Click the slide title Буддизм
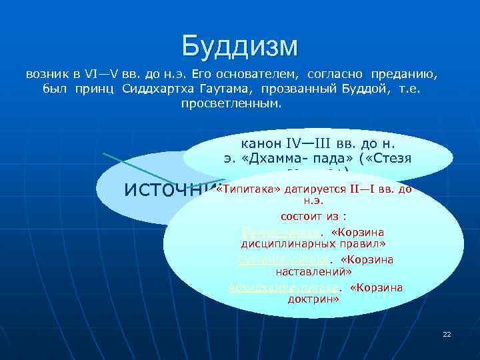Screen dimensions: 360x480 click(x=240, y=46)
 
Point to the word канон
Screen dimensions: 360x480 click(x=260, y=143)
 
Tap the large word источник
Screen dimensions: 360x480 click(x=169, y=189)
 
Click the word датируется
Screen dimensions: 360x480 click(x=313, y=189)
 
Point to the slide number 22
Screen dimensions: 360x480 click(x=447, y=333)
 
